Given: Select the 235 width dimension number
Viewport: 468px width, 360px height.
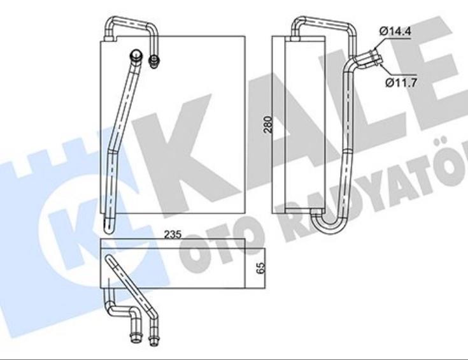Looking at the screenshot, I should [172, 234].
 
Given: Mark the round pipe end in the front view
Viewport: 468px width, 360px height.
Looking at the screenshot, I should [136, 54].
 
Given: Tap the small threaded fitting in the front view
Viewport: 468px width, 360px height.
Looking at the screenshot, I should [153, 61].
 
